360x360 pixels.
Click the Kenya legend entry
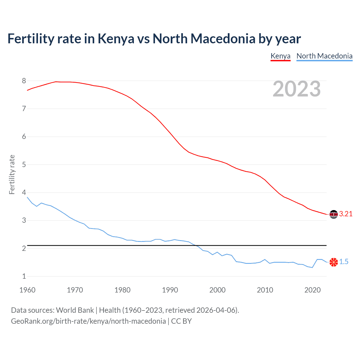280,56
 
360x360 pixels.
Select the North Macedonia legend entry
324,56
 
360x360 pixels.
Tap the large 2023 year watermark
296,89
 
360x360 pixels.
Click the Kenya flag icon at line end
334,214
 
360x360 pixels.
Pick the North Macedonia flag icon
334,262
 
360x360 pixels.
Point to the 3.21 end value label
346,214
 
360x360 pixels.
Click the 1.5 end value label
344,262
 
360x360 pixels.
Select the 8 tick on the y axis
24,81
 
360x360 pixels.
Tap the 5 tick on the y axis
24,165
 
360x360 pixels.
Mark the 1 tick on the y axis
24,276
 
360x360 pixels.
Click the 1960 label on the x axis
27,290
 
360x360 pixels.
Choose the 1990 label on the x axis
170,290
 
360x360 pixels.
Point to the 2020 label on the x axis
312,290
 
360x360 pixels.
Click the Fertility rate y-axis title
12,174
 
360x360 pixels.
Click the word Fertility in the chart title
31,39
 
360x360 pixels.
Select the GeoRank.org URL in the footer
88,321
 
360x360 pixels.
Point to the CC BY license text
181,321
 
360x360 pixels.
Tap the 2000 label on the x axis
217,290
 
